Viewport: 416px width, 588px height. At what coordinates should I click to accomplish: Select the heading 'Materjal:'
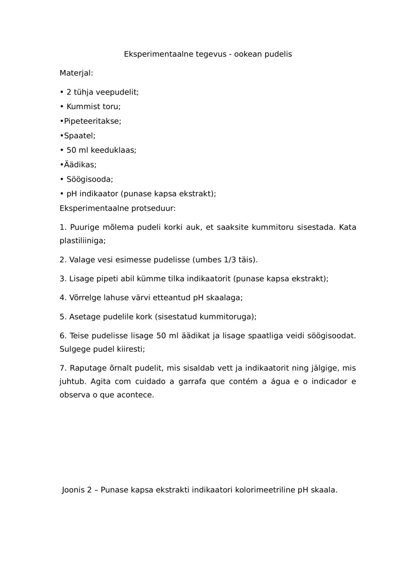point(76,73)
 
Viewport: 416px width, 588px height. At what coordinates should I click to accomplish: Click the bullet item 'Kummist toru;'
point(93,107)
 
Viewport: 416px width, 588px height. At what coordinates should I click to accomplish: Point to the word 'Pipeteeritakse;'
point(92,121)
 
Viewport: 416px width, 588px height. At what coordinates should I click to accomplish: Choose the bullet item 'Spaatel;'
point(79,136)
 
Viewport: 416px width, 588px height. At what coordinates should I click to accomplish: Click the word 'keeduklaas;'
point(114,150)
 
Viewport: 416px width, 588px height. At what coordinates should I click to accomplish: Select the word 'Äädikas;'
point(80,165)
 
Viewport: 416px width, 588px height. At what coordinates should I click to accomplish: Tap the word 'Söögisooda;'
point(89,180)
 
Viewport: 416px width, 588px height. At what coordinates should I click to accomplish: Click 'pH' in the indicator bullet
point(72,194)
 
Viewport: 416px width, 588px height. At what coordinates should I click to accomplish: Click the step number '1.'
point(63,227)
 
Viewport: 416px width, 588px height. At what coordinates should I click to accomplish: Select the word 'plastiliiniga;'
point(82,241)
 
